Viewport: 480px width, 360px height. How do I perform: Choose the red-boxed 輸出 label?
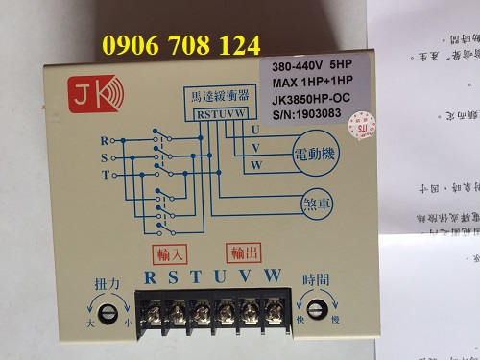245,254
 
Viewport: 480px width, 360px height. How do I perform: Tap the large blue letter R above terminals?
150,277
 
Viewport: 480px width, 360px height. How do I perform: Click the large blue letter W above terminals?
273,277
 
